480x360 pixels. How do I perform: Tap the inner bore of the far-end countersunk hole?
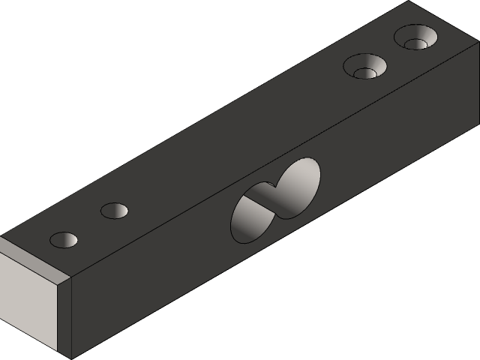click(415, 43)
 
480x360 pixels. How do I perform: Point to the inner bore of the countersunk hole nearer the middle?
click(364, 73)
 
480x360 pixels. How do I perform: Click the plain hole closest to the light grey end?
click(64, 240)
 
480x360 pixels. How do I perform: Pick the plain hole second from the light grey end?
click(115, 211)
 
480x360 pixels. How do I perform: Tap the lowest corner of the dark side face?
click(70, 357)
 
